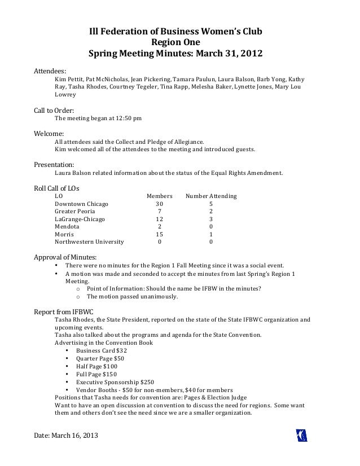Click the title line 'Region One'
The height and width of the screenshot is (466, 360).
174,43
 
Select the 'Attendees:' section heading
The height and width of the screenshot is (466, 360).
51,72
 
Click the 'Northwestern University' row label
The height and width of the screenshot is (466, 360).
89,242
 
